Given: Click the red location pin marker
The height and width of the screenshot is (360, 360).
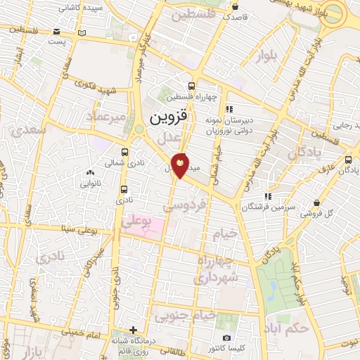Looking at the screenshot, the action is click(x=181, y=165).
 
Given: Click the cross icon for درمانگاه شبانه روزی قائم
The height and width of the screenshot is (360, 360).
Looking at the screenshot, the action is click(x=133, y=330).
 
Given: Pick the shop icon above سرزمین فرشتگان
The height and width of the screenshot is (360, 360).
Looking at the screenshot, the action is click(x=267, y=197).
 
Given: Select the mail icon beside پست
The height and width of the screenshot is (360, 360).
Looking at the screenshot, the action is click(x=82, y=33).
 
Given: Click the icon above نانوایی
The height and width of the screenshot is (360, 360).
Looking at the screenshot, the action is click(x=89, y=173).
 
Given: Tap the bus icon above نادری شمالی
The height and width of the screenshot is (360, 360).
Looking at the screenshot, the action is click(x=124, y=151).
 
